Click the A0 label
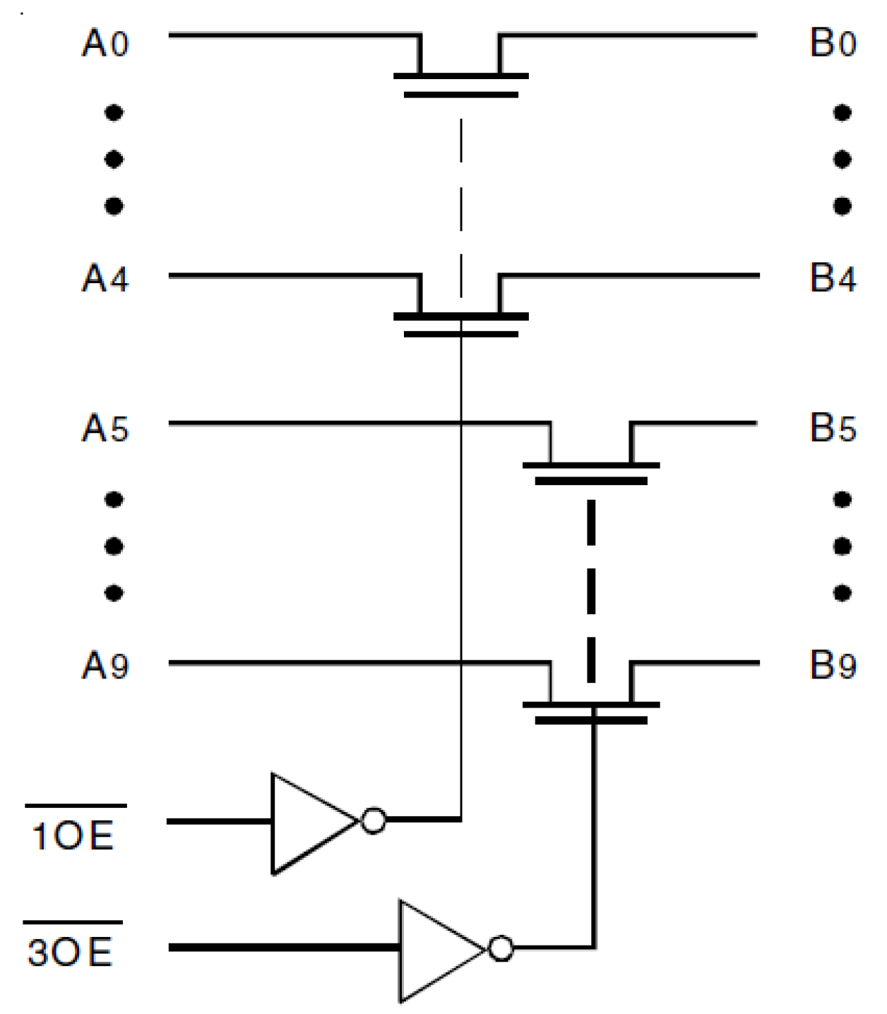click(105, 44)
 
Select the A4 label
click(105, 278)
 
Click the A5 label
click(105, 429)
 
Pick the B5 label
click(833, 428)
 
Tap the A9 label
click(105, 665)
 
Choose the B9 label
click(833, 664)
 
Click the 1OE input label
click(73, 835)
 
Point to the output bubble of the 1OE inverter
click(373, 821)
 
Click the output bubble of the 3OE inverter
click(501, 948)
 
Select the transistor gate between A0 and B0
click(460, 94)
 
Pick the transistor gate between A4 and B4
click(460, 333)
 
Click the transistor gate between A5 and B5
click(591, 481)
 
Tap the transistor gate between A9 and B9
click(591, 720)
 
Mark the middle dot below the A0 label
click(114, 159)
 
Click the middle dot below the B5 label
click(842, 546)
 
